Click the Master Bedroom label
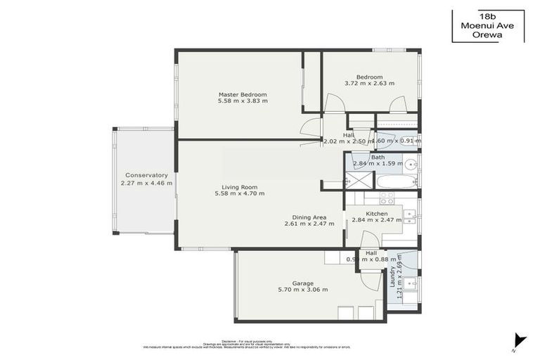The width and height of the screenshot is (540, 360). (243, 94)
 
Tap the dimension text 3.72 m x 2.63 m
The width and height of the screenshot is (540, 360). (369, 84)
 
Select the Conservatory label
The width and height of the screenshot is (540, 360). (146, 175)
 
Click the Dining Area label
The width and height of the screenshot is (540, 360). (309, 217)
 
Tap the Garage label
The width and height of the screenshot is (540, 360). (302, 283)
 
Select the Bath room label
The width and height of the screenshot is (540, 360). (378, 157)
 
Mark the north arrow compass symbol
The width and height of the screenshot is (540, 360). (519, 340)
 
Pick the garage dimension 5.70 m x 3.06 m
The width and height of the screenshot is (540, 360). (302, 290)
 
